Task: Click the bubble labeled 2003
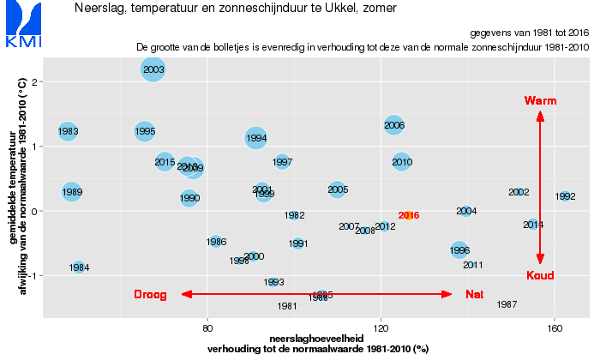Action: coord(153,69)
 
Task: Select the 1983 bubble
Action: coord(68,131)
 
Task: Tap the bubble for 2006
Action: coord(394,125)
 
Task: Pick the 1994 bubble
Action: coord(256,137)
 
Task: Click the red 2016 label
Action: coord(409,216)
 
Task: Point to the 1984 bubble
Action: coord(79,267)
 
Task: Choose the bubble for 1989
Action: coord(72,192)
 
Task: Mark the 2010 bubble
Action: coord(402,161)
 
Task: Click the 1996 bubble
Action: coord(459,250)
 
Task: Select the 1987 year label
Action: coord(507,304)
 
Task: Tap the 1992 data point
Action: coord(565,196)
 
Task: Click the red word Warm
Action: coord(540,101)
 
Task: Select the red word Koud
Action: coord(540,275)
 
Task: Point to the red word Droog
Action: coord(151,294)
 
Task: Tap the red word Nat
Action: coord(474,294)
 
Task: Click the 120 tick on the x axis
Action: coord(381,327)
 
